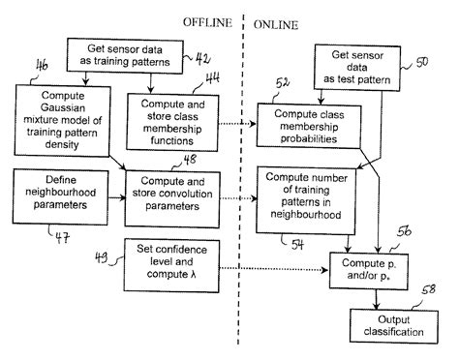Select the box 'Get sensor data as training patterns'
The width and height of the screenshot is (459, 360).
tap(122, 55)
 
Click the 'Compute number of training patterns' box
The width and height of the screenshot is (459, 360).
tap(306, 199)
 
